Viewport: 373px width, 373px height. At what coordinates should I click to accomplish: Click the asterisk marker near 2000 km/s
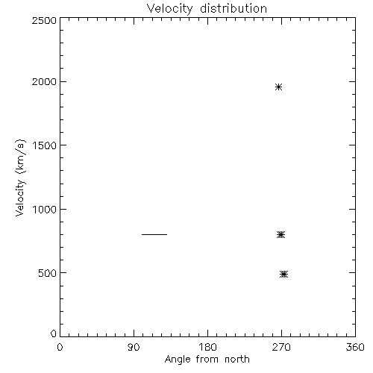pyautogui.click(x=278, y=87)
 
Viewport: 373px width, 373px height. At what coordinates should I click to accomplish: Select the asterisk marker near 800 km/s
pyautogui.click(x=280, y=234)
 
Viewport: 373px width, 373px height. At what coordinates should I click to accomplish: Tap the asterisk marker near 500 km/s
pyautogui.click(x=283, y=275)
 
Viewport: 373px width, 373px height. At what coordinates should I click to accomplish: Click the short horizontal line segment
pyautogui.click(x=154, y=234)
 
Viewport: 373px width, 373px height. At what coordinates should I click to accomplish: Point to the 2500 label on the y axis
pyautogui.click(x=44, y=20)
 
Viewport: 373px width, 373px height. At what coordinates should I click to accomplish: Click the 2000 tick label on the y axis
pyautogui.click(x=44, y=81)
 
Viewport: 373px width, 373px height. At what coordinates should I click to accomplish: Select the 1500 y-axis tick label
pyautogui.click(x=45, y=145)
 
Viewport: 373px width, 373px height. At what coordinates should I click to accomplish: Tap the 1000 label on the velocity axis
pyautogui.click(x=45, y=210)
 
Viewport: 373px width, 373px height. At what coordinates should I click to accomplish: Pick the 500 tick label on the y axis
pyautogui.click(x=48, y=273)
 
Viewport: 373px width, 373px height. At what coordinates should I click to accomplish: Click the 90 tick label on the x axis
pyautogui.click(x=134, y=347)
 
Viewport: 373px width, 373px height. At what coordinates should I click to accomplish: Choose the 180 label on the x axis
pyautogui.click(x=207, y=347)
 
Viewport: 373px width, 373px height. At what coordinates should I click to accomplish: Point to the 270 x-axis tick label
pyautogui.click(x=281, y=347)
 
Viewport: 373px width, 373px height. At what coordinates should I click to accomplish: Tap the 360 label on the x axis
pyautogui.click(x=355, y=347)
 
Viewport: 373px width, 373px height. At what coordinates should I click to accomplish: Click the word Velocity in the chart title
pyautogui.click(x=169, y=9)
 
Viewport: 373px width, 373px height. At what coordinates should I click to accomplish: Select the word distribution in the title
pyautogui.click(x=233, y=9)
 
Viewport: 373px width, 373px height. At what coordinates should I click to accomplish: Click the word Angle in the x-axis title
pyautogui.click(x=178, y=360)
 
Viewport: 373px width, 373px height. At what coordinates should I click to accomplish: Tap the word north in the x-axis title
pyautogui.click(x=237, y=360)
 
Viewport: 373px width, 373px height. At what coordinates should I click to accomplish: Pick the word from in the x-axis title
pyautogui.click(x=207, y=360)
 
